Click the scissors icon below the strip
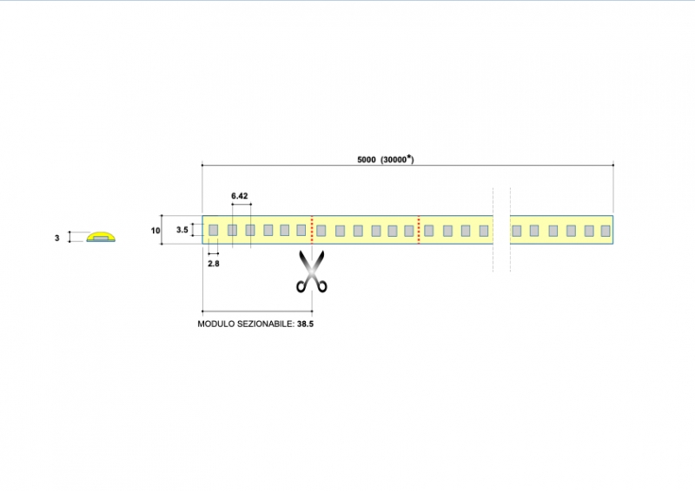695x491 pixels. point(310,272)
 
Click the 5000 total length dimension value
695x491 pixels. point(366,160)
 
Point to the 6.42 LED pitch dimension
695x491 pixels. point(240,197)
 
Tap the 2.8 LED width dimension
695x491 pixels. point(214,263)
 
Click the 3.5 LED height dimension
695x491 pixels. point(182,230)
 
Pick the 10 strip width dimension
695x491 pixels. point(156,230)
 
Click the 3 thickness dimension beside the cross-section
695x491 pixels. point(57,237)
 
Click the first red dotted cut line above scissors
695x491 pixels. point(312,230)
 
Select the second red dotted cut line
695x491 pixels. point(420,230)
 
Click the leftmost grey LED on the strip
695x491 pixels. point(213,230)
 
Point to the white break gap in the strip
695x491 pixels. point(501,230)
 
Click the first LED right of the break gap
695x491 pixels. point(517,230)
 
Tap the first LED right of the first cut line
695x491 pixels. point(321,230)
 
